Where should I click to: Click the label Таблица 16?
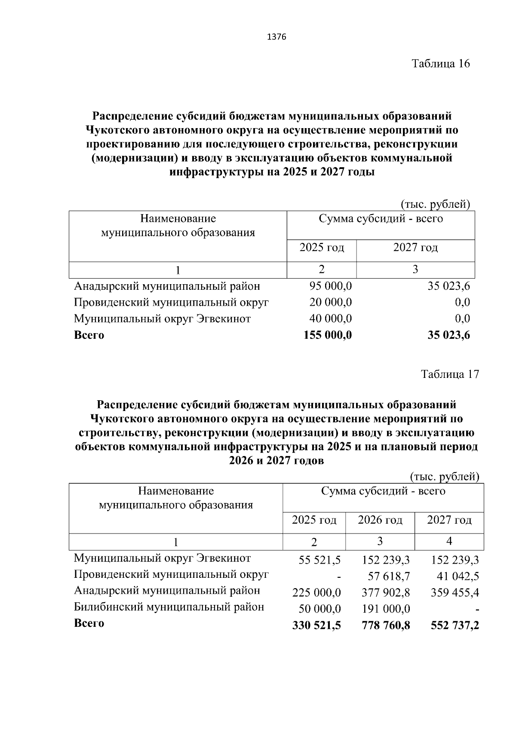click(x=441, y=64)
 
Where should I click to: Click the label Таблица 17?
click(x=450, y=374)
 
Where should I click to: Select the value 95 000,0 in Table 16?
click(x=330, y=286)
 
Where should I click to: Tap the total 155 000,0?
click(x=328, y=335)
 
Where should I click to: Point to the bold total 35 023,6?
click(x=448, y=335)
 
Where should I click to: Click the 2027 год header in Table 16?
click(x=415, y=248)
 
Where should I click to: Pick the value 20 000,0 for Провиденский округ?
click(x=330, y=303)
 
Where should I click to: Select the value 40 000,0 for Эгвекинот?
click(x=330, y=319)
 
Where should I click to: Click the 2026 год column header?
click(x=380, y=520)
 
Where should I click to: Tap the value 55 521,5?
click(x=319, y=560)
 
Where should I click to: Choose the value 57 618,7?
click(x=389, y=577)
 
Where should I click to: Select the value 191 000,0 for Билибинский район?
click(x=386, y=609)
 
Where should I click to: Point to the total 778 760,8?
click(x=386, y=626)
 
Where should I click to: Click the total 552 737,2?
click(x=455, y=626)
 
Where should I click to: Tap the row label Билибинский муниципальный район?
click(x=169, y=607)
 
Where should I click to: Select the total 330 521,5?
click(x=316, y=626)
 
